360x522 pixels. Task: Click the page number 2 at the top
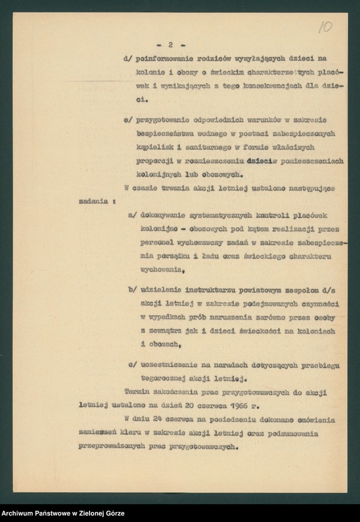click(168, 45)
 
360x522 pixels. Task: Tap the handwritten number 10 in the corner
click(325, 28)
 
